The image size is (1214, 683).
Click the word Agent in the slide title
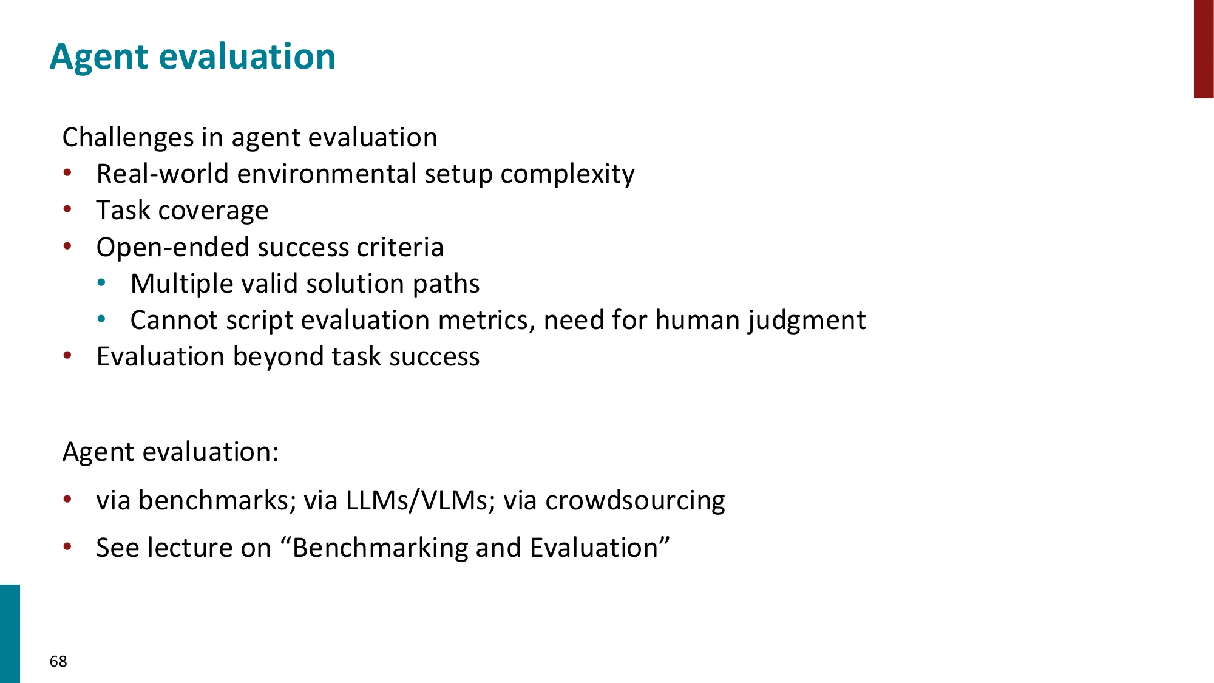click(x=98, y=57)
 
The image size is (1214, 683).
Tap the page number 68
click(x=58, y=661)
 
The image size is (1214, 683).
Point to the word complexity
click(x=567, y=174)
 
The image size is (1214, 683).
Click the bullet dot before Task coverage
click(x=67, y=209)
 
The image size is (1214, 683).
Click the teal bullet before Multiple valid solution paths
click(x=101, y=282)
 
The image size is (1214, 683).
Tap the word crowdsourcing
click(x=635, y=501)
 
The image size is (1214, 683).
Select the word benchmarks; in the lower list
click(x=217, y=501)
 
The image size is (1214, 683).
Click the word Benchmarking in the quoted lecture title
click(x=380, y=548)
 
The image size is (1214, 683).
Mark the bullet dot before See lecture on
click(x=67, y=547)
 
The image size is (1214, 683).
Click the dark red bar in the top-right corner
click(x=1203, y=49)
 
